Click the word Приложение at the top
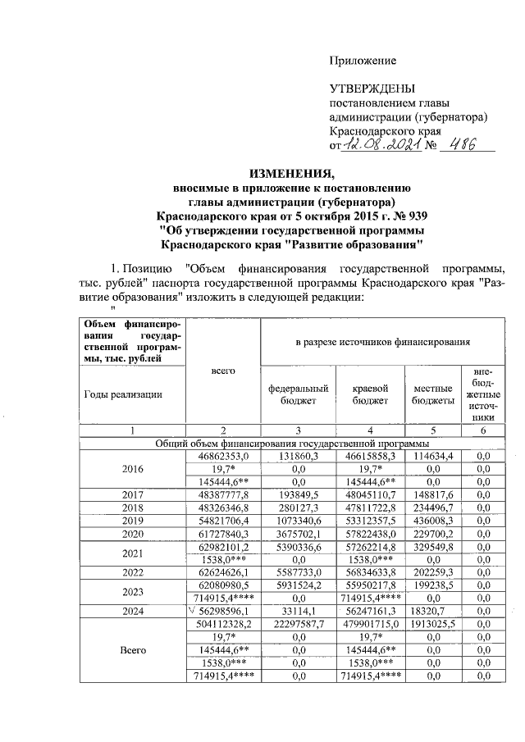tap(363, 61)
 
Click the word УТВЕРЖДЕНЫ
tap(372, 89)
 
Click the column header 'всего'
tap(223, 371)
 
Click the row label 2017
tap(132, 495)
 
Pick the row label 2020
tap(132, 532)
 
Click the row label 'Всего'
tap(132, 650)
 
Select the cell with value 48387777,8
tap(223, 495)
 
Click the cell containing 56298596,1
tap(223, 611)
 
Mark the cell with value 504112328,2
tap(223, 623)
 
